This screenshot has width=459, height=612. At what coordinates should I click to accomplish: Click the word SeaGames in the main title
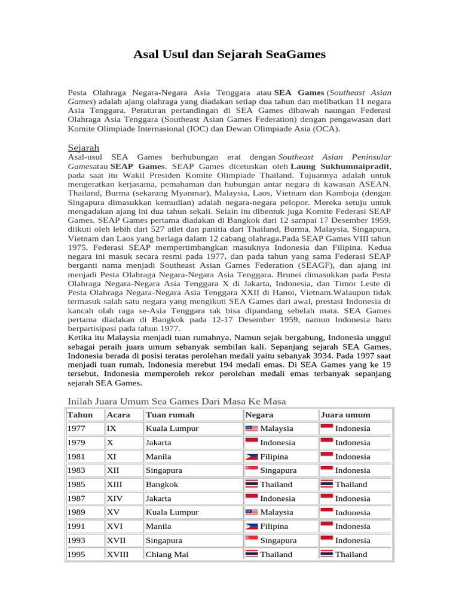pyautogui.click(x=296, y=55)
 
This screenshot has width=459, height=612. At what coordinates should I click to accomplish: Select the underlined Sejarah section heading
pyautogui.click(x=84, y=147)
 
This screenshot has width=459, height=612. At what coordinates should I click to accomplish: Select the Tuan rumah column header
pyautogui.click(x=170, y=415)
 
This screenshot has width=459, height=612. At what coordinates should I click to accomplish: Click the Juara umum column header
pyautogui.click(x=345, y=415)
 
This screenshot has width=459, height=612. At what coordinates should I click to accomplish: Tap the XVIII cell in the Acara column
pyautogui.click(x=121, y=555)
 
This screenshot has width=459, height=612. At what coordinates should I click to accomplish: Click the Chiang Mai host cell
pyautogui.click(x=167, y=555)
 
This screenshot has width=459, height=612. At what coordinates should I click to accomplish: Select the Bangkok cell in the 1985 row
pyautogui.click(x=162, y=485)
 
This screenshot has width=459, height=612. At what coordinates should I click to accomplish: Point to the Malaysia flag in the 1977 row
pyautogui.click(x=252, y=429)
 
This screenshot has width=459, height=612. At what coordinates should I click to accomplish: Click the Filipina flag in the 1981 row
pyautogui.click(x=252, y=457)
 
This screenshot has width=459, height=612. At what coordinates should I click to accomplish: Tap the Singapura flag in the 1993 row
pyautogui.click(x=252, y=540)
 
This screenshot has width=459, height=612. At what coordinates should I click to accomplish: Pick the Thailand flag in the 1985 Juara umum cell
pyautogui.click(x=326, y=485)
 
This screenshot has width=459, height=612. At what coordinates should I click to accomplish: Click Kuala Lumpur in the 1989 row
pyautogui.click(x=173, y=512)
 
